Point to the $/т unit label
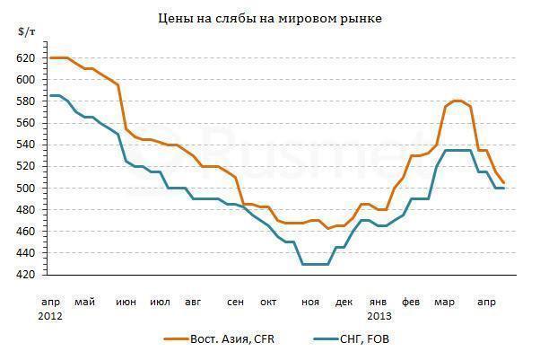click(26, 32)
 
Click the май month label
click(85, 302)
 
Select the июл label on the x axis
click(161, 302)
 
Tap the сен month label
click(234, 302)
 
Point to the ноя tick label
click(309, 302)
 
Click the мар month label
click(445, 302)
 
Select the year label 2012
click(50, 316)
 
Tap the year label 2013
click(380, 316)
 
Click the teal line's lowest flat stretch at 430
click(315, 264)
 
